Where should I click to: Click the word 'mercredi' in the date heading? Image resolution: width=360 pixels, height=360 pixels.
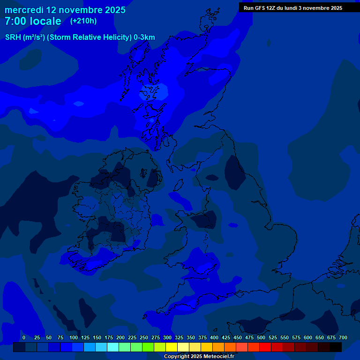point(24,10)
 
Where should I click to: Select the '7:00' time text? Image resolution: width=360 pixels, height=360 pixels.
point(17,22)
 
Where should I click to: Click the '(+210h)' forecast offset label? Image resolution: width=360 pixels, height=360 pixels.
point(83,21)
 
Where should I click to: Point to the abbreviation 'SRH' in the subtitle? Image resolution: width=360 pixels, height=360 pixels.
point(13,37)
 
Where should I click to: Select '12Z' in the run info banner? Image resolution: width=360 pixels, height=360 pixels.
point(271,8)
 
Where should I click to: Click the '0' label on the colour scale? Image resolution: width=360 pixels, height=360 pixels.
point(24,337)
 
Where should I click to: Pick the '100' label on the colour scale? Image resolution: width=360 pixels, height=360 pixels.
point(74,337)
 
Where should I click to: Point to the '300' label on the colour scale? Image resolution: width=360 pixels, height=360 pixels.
point(167,337)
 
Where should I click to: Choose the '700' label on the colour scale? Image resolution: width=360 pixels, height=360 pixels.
point(343,337)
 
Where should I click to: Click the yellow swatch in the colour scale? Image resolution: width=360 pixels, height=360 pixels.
point(172,347)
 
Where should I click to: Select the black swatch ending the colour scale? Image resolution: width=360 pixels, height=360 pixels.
point(336,347)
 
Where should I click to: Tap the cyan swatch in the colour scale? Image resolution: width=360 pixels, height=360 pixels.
point(113,347)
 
